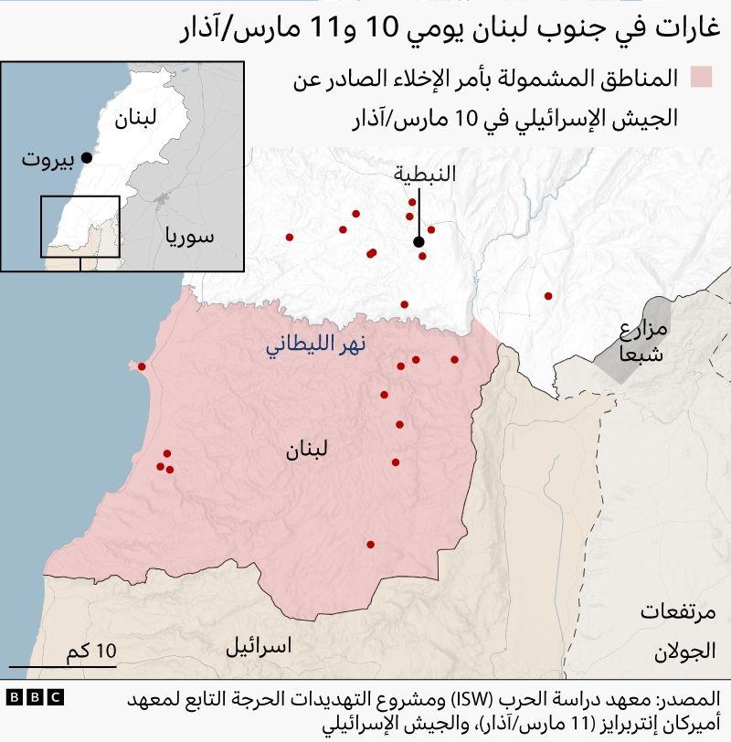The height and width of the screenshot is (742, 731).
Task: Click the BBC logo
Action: click(35, 697)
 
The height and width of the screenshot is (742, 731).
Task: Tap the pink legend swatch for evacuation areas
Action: click(701, 78)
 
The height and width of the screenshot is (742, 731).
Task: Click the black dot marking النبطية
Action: click(418, 242)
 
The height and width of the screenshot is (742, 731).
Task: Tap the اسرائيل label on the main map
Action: click(259, 647)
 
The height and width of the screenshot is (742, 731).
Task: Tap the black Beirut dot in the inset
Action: click(87, 157)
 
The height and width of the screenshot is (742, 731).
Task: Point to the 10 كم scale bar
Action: click(90, 659)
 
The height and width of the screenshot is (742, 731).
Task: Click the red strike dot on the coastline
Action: click(142, 366)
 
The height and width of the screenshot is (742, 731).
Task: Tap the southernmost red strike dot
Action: click(370, 545)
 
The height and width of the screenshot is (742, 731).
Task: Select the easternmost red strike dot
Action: click(548, 296)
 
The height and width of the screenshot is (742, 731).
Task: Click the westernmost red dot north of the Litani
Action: click(290, 237)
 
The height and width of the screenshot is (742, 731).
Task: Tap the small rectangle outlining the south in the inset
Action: click(79, 227)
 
